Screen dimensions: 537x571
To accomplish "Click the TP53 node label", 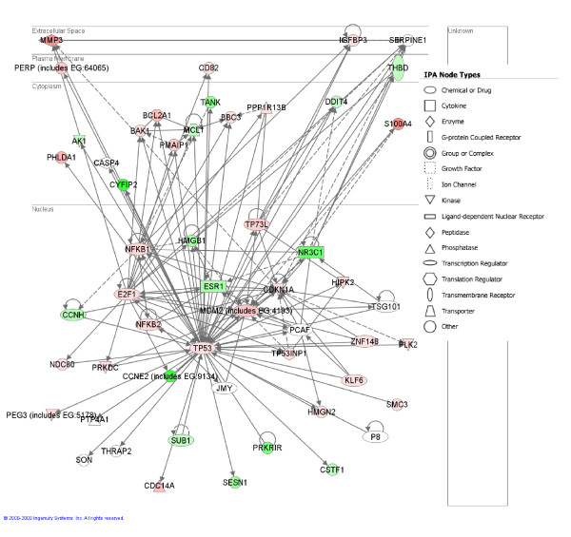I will coord(202,348).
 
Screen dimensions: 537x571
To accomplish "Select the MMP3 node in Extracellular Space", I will coord(51,41).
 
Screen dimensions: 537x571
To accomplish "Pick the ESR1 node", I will coord(213,286).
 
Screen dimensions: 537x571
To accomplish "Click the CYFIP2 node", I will coord(124,184).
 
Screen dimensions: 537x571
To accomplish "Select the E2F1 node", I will coord(128,294).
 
